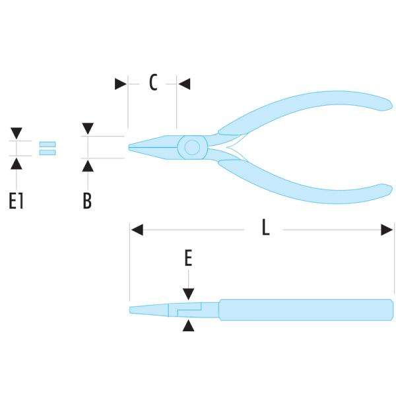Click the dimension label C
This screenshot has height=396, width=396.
coord(153,83)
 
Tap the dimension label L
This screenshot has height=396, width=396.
coord(265,228)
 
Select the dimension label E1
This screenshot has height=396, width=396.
coord(16,201)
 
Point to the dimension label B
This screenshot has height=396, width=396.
coord(87,201)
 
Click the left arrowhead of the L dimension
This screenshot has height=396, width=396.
coord(137,230)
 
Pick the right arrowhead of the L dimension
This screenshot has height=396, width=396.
coord(387,230)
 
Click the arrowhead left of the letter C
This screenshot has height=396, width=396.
coord(120,84)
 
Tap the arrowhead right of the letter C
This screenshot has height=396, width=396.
coord(184,84)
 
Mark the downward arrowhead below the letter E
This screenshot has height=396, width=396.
coord(189,294)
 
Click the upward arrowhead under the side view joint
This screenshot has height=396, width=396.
coord(189,325)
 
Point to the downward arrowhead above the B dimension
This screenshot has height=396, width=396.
coord(88,128)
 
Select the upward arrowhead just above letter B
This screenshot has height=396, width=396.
coord(88,164)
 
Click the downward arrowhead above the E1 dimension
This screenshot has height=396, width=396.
coord(16,133)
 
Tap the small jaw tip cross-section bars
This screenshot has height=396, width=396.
coord(48,148)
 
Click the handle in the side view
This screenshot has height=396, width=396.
coord(304,310)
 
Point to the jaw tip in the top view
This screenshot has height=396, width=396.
coord(135,147)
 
